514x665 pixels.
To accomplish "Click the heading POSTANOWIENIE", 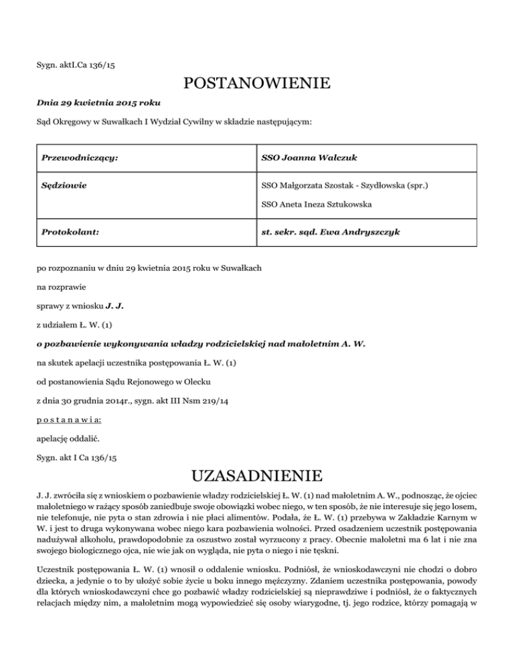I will click(256, 85).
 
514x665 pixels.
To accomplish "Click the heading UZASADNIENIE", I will click(256, 477).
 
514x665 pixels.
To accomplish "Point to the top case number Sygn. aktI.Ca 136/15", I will click(78, 66).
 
